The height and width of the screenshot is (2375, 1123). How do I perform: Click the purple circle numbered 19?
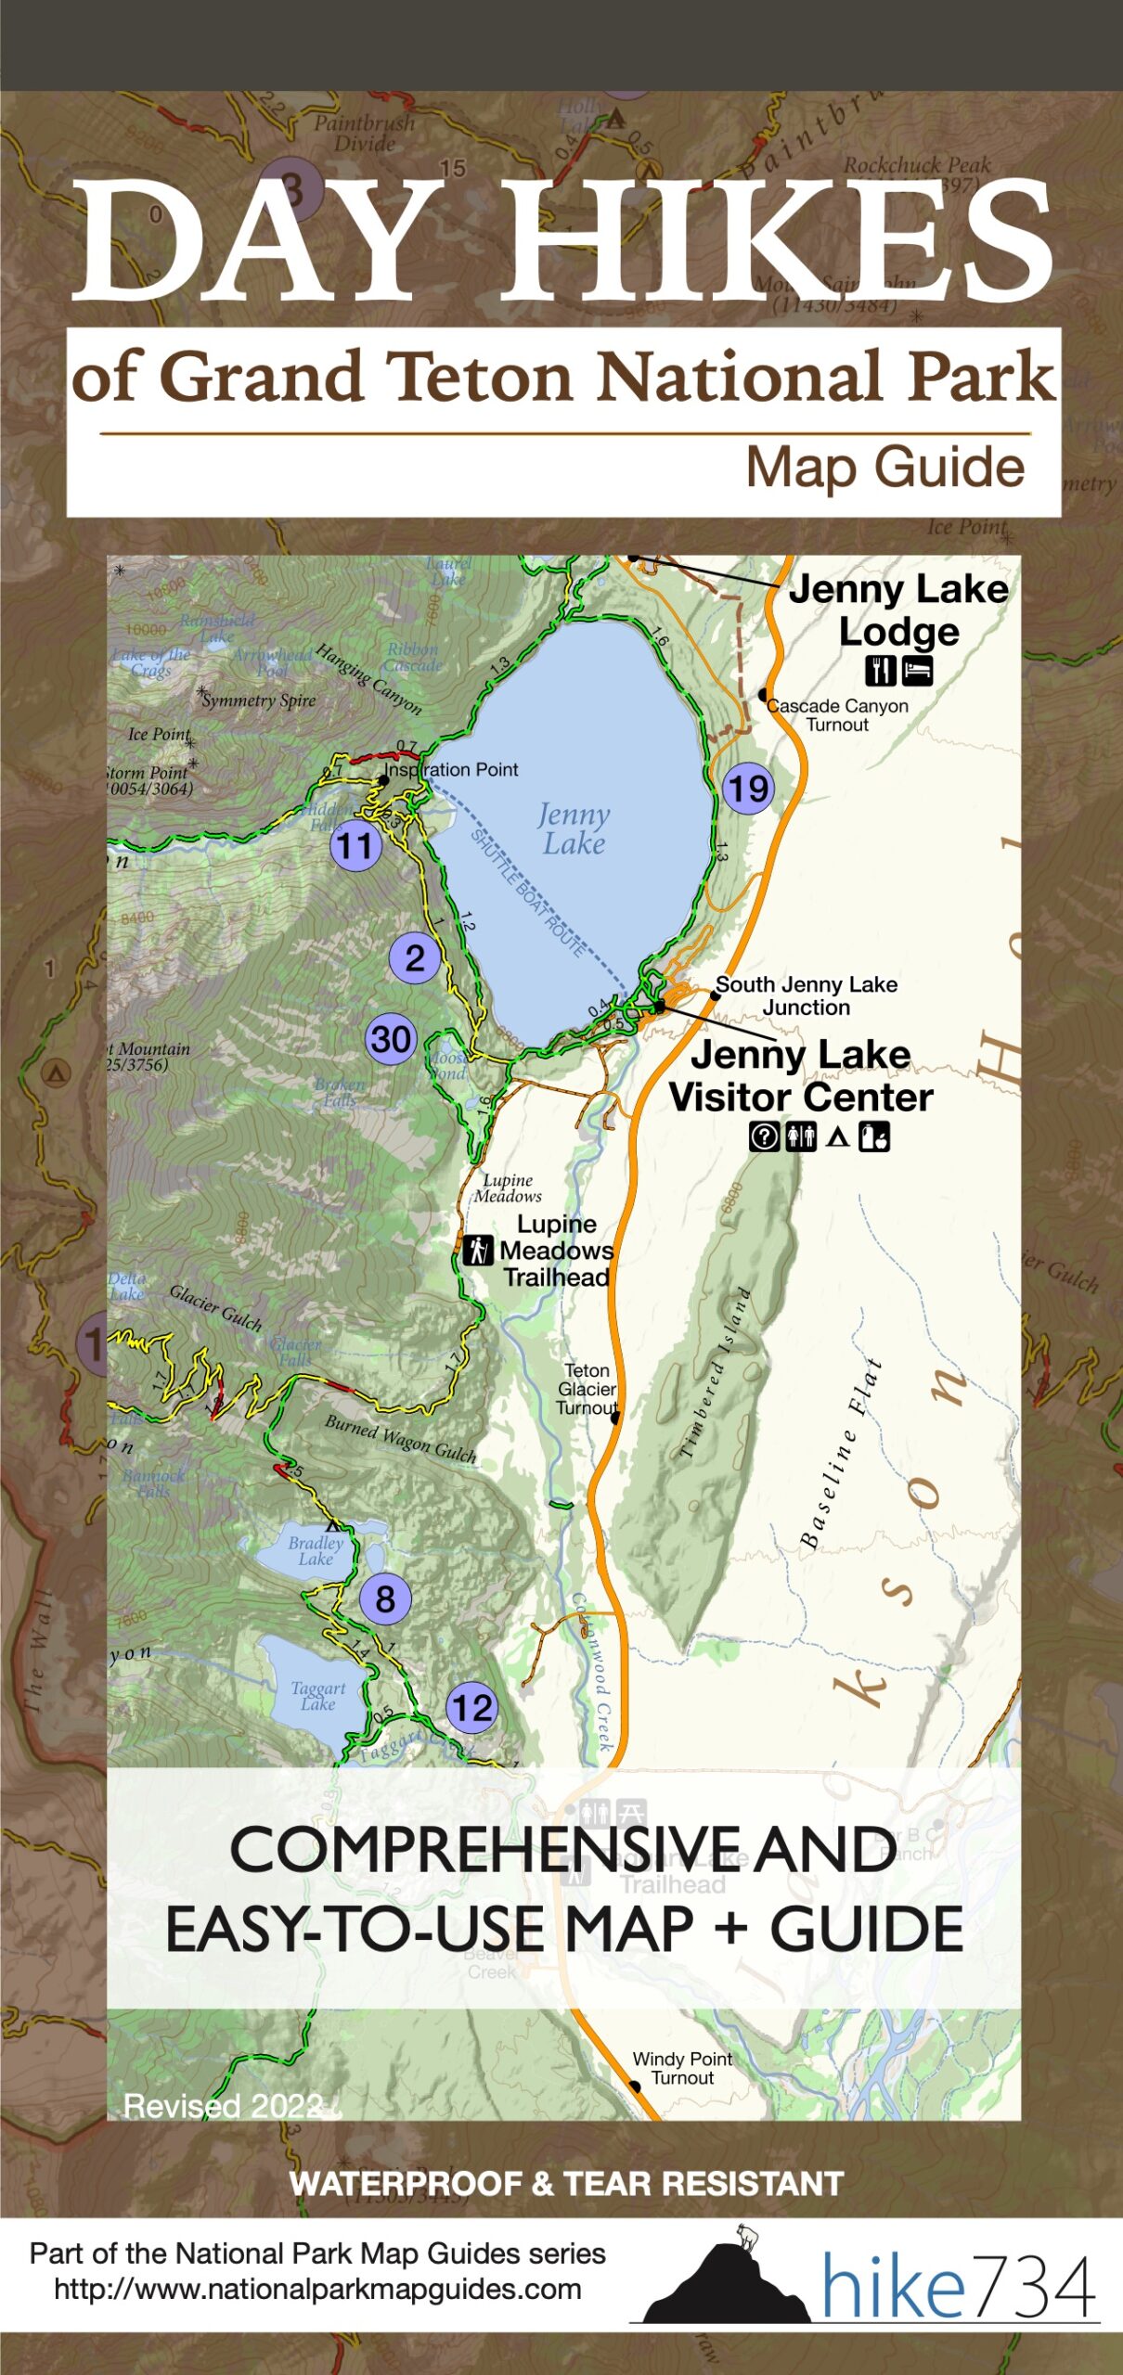[748, 789]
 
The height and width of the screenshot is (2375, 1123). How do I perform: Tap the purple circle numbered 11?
[355, 845]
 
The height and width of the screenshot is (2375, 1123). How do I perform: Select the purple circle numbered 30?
[391, 1038]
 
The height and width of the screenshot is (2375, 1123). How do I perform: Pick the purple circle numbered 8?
[385, 1598]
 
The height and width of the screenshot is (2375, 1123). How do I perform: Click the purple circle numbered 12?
[471, 1707]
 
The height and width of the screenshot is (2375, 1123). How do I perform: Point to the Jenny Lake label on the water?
[574, 828]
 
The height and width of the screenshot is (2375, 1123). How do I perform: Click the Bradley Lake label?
[316, 1550]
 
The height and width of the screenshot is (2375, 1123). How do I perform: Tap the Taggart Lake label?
[317, 1695]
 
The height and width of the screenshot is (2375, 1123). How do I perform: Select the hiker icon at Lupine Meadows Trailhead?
[477, 1250]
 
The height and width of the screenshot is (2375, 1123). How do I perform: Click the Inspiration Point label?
[452, 769]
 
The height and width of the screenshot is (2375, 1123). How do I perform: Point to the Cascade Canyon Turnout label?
[837, 714]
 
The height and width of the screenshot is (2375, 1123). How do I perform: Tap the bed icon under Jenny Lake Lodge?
[917, 670]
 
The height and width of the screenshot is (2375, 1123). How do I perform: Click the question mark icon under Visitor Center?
[764, 1136]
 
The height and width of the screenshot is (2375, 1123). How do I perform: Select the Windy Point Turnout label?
[682, 2068]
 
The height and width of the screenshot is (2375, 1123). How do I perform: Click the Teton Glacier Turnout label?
[587, 1388]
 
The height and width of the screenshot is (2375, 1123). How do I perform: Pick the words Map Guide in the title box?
[884, 467]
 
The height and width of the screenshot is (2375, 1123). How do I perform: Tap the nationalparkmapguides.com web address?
[317, 2289]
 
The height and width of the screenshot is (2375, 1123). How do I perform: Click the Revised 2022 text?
[223, 2105]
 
